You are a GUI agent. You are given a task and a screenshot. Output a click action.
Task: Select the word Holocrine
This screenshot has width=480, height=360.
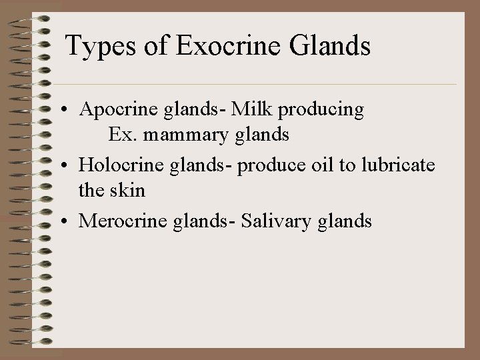[x=116, y=165]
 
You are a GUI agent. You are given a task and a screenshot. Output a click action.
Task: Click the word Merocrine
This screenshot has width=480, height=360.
[x=118, y=220]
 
